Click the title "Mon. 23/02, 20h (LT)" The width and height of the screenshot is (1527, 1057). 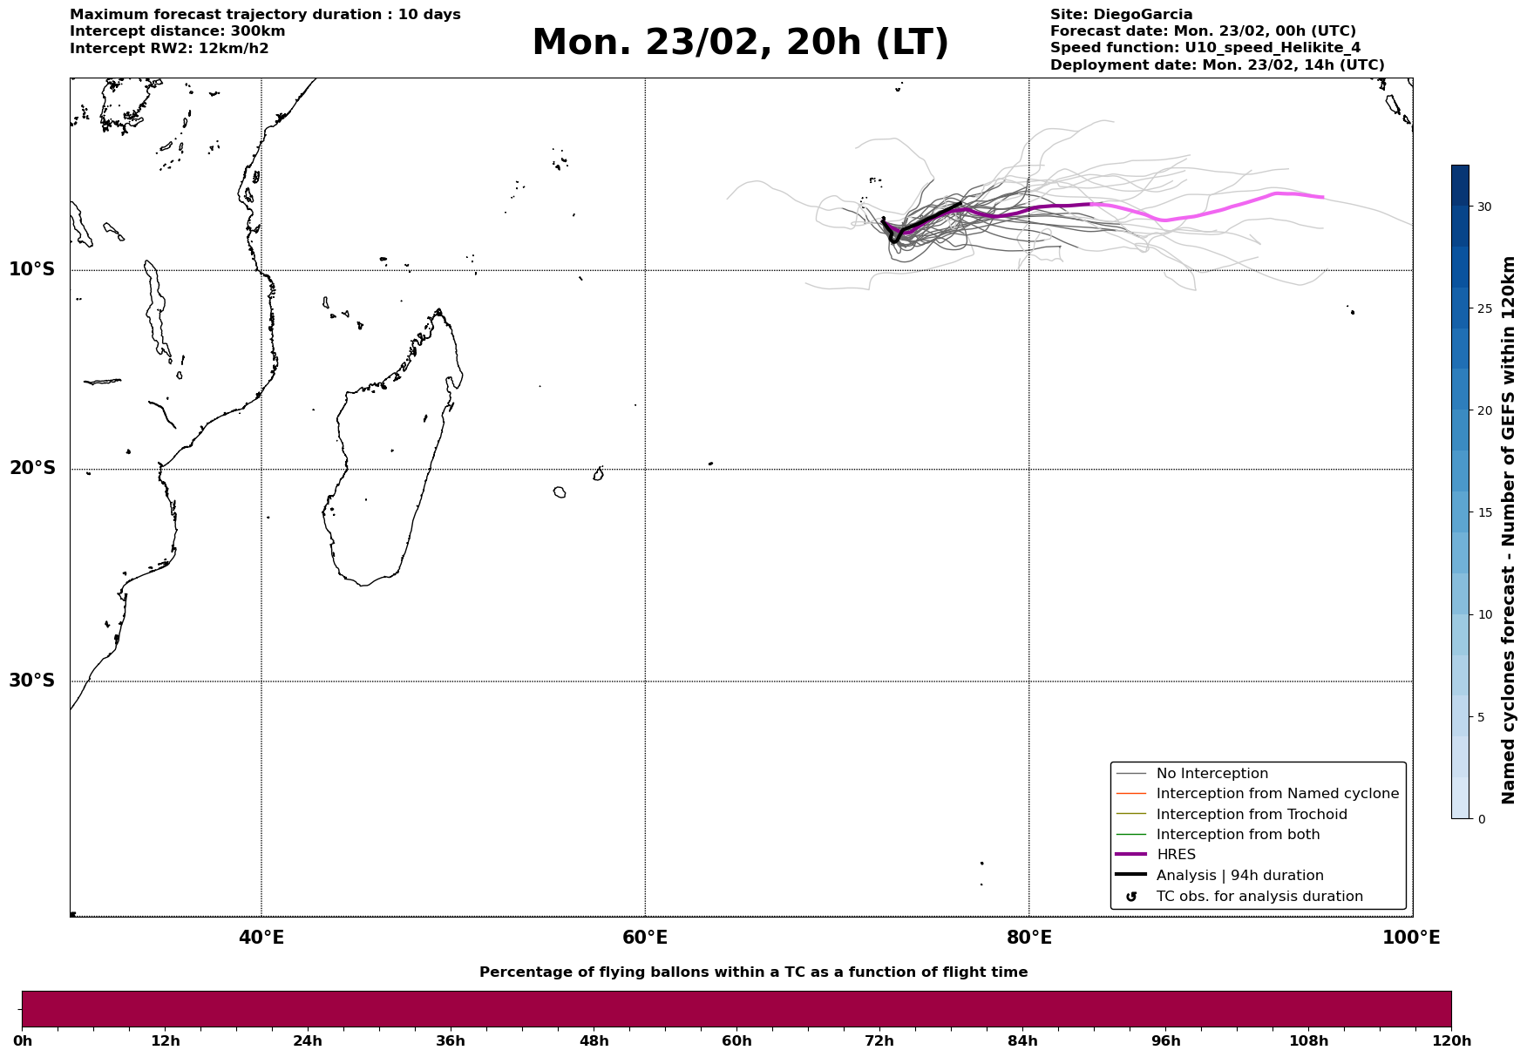click(740, 43)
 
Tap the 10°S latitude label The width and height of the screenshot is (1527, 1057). click(32, 269)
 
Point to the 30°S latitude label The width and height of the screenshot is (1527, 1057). click(32, 681)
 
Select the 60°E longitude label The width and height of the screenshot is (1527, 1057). click(645, 938)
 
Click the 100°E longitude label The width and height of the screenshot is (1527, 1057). click(1411, 938)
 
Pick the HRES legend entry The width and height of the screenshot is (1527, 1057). click(1176, 855)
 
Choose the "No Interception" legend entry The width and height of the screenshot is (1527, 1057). click(1211, 774)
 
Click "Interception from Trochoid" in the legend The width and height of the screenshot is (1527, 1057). click(1251, 815)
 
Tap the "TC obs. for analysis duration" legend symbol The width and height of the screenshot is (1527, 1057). click(1131, 897)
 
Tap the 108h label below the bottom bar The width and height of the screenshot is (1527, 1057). click(1308, 1040)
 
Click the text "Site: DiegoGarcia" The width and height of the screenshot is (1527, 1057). click(1121, 15)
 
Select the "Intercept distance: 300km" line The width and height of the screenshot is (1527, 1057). click(177, 31)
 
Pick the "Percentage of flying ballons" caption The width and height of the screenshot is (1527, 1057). click(753, 972)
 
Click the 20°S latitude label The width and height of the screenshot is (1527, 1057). click(32, 469)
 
